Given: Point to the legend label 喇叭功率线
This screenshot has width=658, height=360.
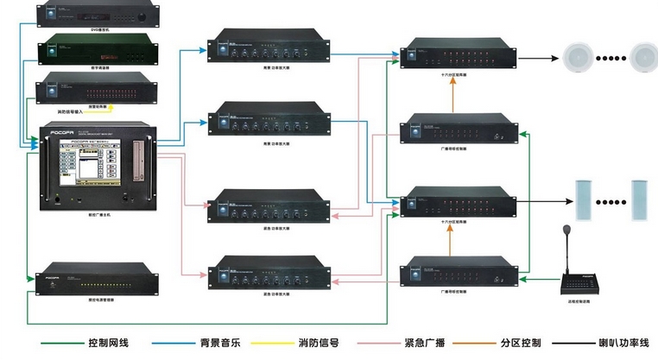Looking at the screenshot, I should pyautogui.click(x=623, y=344).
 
